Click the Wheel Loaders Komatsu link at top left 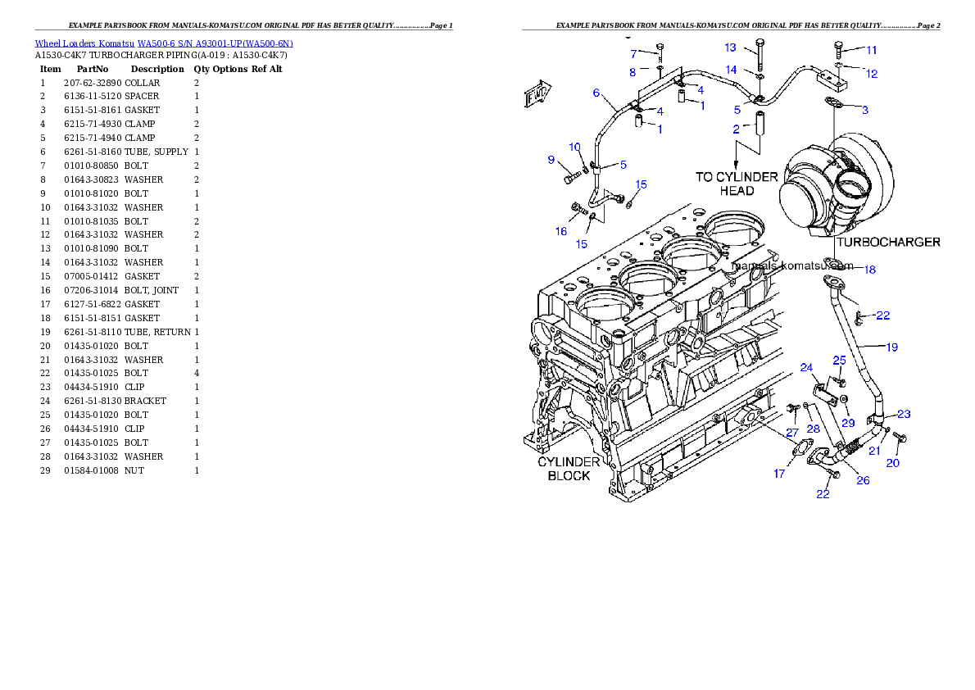pyautogui.click(x=164, y=43)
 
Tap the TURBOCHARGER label pyautogui.click(x=888, y=243)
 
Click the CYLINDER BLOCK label pyautogui.click(x=569, y=469)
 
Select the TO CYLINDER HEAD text pyautogui.click(x=737, y=184)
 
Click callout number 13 pyautogui.click(x=730, y=48)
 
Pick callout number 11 pyautogui.click(x=871, y=50)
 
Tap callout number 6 pyautogui.click(x=596, y=93)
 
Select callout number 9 pyautogui.click(x=551, y=159)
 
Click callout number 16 pyautogui.click(x=561, y=231)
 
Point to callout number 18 pyautogui.click(x=869, y=269)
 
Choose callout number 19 pyautogui.click(x=891, y=347)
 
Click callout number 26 pyautogui.click(x=863, y=480)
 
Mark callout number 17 pyautogui.click(x=779, y=474)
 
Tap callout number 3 pyautogui.click(x=864, y=110)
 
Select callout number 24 pyautogui.click(x=806, y=367)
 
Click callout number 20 pyautogui.click(x=892, y=463)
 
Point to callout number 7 pyautogui.click(x=633, y=54)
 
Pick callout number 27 pyautogui.click(x=792, y=432)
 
